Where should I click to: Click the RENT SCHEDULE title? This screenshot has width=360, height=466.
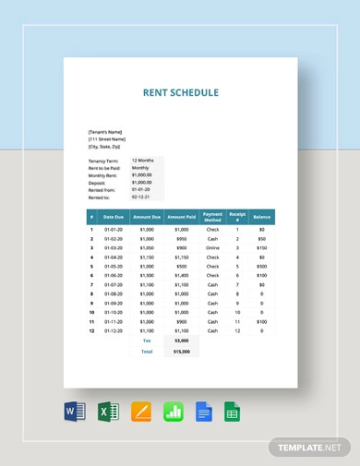(x=180, y=92)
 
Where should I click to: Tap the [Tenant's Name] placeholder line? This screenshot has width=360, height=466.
(x=104, y=132)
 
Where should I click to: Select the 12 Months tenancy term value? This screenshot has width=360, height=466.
(x=143, y=160)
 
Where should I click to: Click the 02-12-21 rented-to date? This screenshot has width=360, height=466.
(x=140, y=197)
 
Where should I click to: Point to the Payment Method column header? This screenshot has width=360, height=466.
(x=212, y=217)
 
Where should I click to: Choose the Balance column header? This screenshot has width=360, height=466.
(x=262, y=217)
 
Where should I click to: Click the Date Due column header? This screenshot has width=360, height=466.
(x=114, y=217)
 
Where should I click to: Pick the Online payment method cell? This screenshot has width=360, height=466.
(x=212, y=247)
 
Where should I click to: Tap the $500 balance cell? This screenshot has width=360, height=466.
(x=262, y=266)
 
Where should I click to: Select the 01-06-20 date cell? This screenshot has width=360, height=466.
(x=114, y=275)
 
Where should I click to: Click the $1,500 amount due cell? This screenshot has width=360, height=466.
(x=147, y=275)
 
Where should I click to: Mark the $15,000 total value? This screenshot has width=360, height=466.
(x=181, y=352)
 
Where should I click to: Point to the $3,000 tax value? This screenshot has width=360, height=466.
(x=181, y=341)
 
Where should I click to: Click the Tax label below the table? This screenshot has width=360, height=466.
(x=147, y=341)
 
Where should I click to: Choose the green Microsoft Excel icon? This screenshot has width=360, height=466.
(x=106, y=412)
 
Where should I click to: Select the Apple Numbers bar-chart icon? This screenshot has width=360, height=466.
(x=174, y=412)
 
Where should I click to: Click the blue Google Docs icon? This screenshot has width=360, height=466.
(x=204, y=412)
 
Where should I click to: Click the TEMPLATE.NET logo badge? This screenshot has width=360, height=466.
(x=309, y=447)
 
